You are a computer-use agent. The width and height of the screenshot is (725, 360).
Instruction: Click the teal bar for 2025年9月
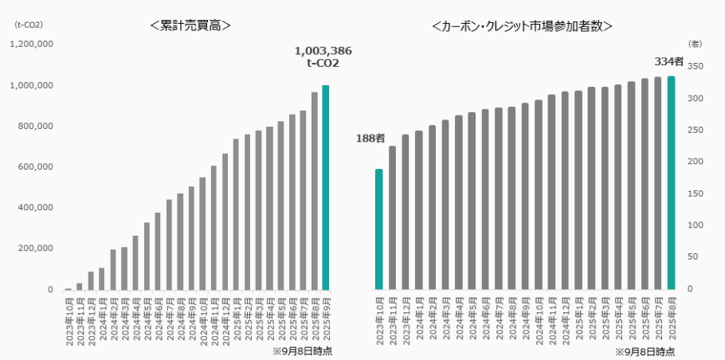point(325,187)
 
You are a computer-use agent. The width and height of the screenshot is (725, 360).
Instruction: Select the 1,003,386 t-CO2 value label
point(323,57)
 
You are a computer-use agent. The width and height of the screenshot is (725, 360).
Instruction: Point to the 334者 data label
point(668,61)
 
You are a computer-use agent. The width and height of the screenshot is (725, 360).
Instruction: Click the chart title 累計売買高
point(190,25)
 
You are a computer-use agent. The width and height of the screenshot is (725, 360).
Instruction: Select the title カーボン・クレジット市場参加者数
point(521,25)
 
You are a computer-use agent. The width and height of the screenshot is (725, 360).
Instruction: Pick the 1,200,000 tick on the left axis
point(31,45)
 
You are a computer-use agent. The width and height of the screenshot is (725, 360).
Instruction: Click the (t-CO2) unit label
point(29,24)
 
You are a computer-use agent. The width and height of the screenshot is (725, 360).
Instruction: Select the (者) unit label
point(695,44)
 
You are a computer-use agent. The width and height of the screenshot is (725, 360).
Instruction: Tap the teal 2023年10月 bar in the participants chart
point(379,229)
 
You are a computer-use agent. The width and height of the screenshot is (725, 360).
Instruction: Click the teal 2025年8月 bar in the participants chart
point(671,182)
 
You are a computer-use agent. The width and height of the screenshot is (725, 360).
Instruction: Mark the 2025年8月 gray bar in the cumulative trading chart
point(314,191)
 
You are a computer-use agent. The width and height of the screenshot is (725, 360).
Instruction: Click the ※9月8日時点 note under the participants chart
point(644,351)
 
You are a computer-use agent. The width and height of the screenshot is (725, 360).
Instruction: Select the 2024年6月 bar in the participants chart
point(485,199)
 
